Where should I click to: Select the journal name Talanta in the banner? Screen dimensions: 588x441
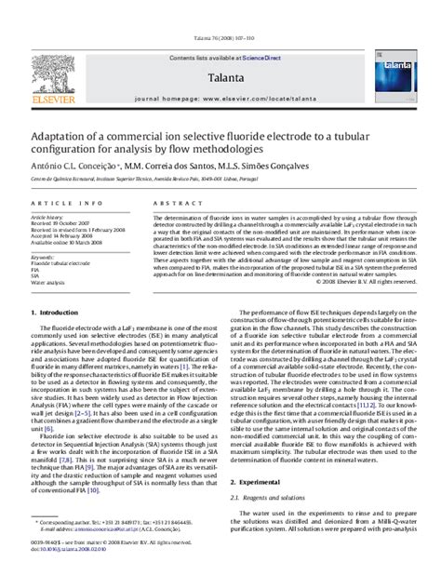point(220,52)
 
